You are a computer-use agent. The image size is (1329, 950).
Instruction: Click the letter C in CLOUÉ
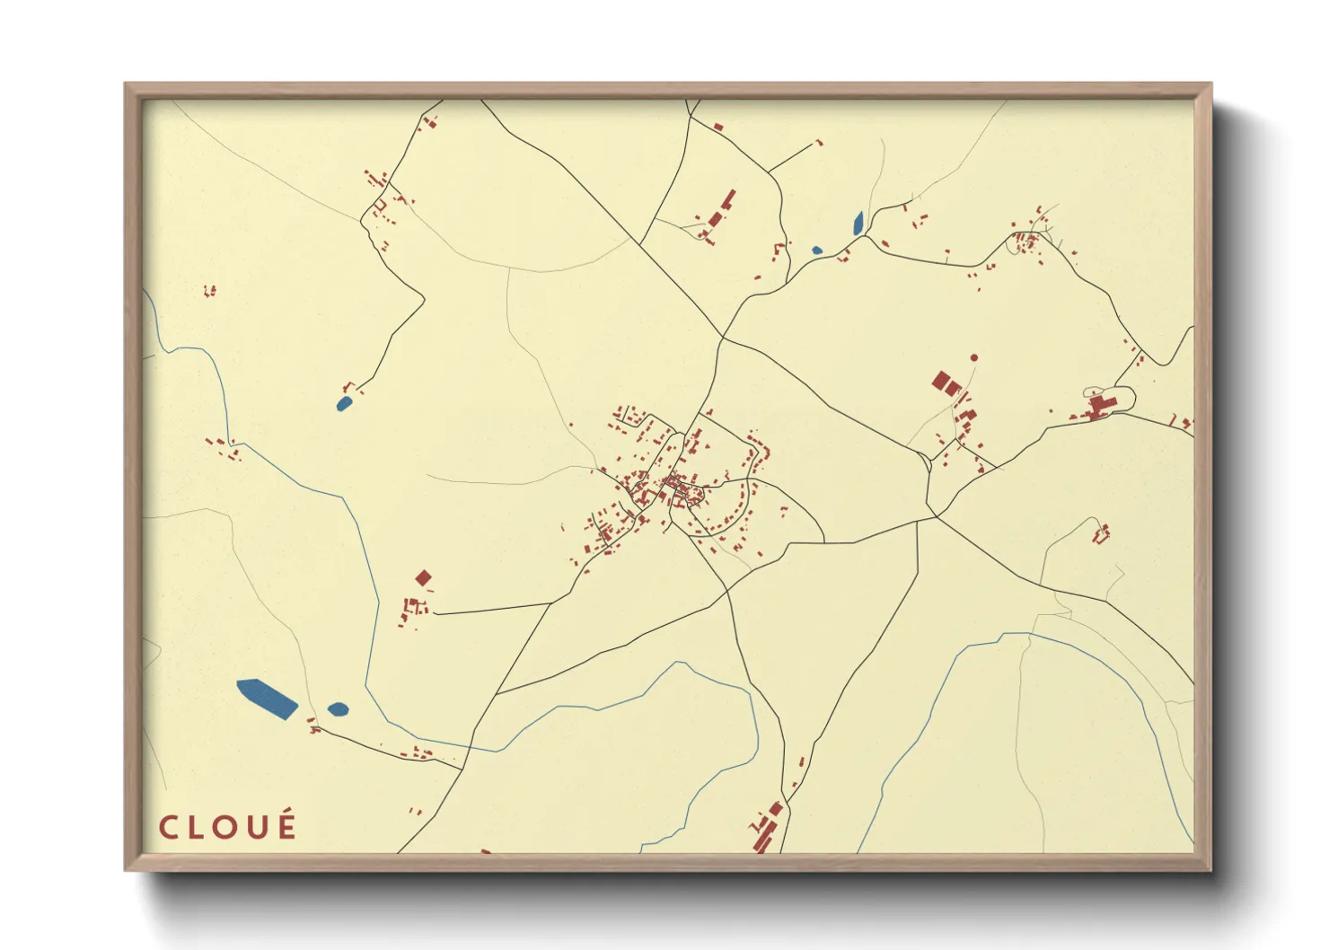(167, 828)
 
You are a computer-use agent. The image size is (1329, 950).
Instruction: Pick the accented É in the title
(286, 825)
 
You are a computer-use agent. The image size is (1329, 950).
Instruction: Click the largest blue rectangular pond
(267, 699)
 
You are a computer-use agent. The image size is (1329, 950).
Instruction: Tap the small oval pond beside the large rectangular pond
(338, 709)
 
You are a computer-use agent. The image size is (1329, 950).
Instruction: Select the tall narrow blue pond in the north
(858, 224)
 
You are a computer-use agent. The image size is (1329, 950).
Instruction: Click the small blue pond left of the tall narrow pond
(816, 251)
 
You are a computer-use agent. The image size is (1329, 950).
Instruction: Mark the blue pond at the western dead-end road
(344, 404)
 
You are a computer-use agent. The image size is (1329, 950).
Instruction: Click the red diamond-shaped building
(423, 577)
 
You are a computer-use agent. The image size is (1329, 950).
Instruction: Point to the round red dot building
(973, 357)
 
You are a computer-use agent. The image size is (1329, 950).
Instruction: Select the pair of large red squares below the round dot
(946, 383)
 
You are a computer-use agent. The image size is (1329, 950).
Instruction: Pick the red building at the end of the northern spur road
(818, 142)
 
